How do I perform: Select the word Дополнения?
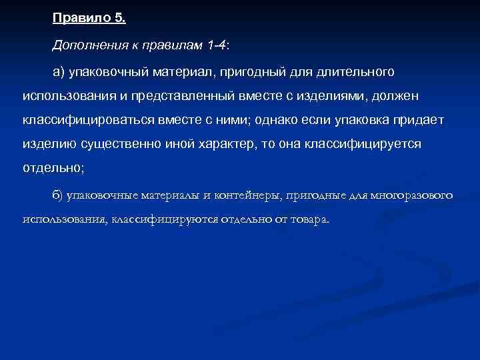(85, 44)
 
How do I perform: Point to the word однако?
(293, 120)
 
